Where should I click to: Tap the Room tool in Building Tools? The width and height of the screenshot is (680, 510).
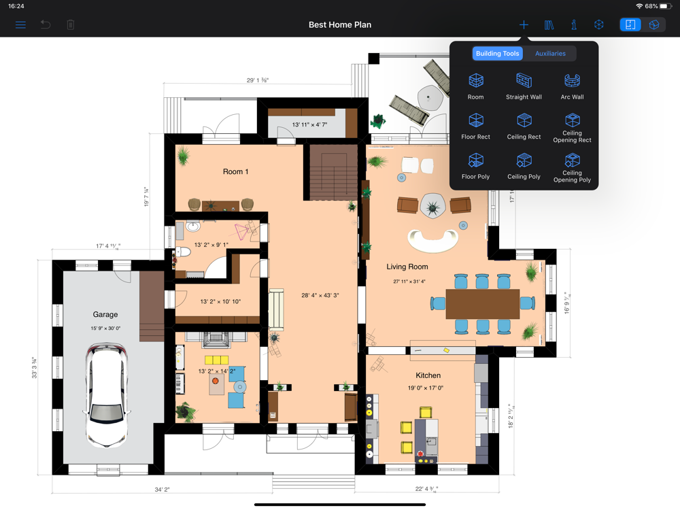click(476, 85)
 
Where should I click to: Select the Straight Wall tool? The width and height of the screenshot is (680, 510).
click(524, 85)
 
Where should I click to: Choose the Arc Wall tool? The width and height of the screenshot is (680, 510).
click(572, 85)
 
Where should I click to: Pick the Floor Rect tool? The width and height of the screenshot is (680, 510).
click(476, 125)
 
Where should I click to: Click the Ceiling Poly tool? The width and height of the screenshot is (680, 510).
click(524, 165)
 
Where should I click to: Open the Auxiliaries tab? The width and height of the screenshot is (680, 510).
click(550, 54)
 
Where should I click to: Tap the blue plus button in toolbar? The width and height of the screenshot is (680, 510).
click(524, 25)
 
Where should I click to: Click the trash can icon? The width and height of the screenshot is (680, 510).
click(71, 25)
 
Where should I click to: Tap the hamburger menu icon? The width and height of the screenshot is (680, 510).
click(20, 25)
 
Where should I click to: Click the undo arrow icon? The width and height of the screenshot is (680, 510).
click(46, 25)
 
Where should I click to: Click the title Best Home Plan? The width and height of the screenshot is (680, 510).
click(340, 25)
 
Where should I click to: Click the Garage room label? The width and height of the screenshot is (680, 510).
click(105, 315)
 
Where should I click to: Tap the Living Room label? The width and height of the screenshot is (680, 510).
click(407, 267)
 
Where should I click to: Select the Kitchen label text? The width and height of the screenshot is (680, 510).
click(428, 375)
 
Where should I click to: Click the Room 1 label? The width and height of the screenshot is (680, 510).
click(236, 172)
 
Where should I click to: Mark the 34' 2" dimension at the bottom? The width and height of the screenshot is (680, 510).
click(162, 490)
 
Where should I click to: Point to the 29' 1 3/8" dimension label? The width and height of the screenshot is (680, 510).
click(257, 80)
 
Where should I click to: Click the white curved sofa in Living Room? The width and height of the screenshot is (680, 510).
click(432, 239)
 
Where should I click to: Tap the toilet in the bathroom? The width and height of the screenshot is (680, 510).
click(184, 252)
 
